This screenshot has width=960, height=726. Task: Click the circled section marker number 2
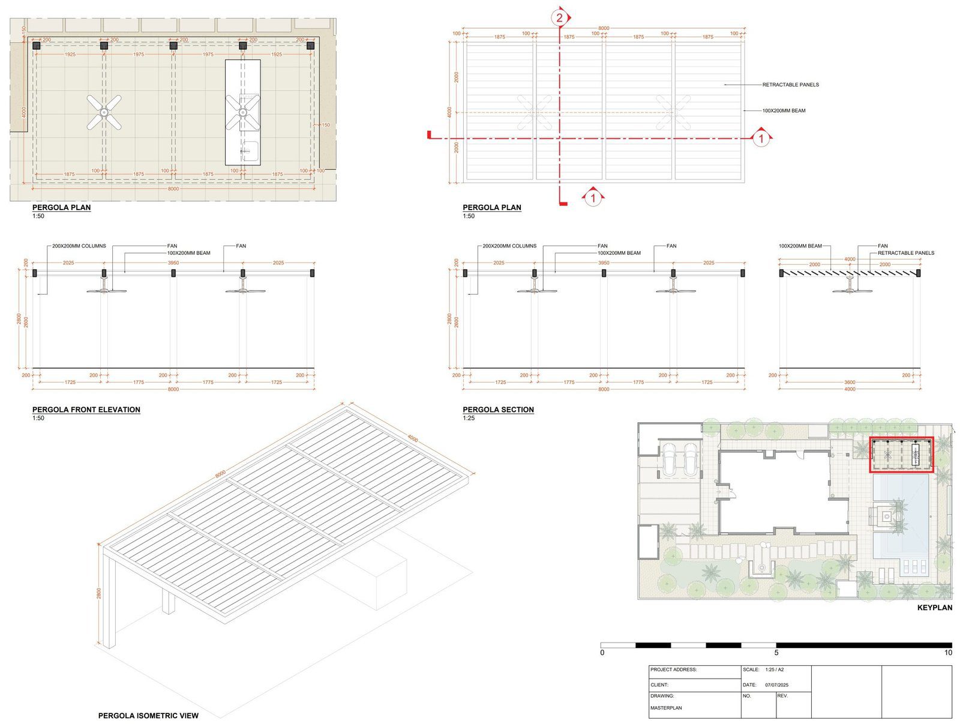click(x=559, y=17)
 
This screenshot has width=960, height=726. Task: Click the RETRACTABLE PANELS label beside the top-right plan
click(x=790, y=85)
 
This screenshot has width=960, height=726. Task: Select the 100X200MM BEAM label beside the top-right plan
click(x=784, y=110)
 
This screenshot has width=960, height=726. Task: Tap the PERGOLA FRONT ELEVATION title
click(x=86, y=410)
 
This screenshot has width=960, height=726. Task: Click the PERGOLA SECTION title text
click(x=498, y=410)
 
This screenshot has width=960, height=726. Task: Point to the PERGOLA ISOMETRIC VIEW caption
click(x=148, y=715)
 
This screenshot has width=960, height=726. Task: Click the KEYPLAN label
click(x=934, y=608)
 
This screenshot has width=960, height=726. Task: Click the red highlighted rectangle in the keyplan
click(x=901, y=455)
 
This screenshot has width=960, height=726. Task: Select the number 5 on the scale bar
click(x=776, y=653)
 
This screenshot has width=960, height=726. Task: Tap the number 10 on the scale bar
click(x=948, y=653)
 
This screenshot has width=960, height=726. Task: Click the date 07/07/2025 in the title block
click(x=776, y=685)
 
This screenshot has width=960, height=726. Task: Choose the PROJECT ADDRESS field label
click(x=673, y=670)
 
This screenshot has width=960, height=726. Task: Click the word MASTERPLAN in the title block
click(x=666, y=708)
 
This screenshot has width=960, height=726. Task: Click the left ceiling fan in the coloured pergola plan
click(x=104, y=112)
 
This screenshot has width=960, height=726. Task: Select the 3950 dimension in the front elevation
click(x=173, y=263)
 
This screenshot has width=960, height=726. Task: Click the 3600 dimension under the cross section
click(x=850, y=382)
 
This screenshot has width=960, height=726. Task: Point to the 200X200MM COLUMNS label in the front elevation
click(x=79, y=246)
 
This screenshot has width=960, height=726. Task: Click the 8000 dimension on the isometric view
click(x=220, y=474)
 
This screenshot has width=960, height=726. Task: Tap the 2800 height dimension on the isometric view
click(x=99, y=593)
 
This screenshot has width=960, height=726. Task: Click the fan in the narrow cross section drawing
click(x=852, y=291)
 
